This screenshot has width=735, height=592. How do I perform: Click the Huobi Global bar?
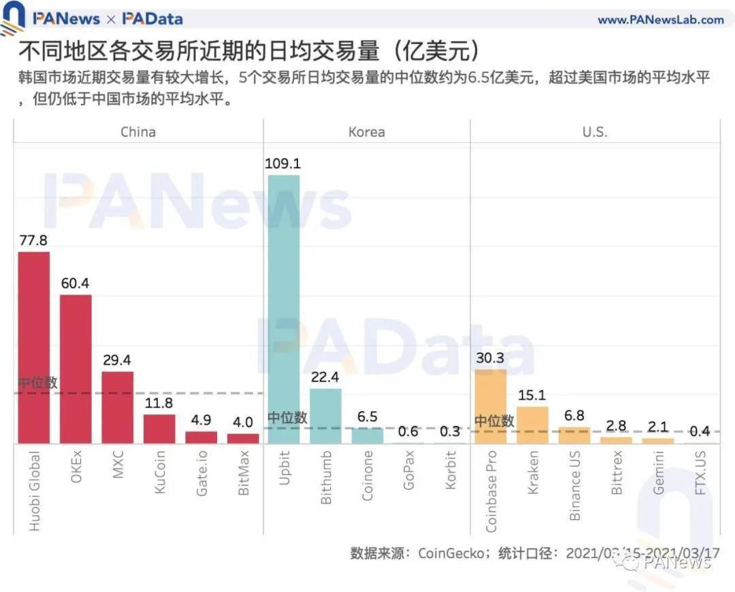tap(33, 348)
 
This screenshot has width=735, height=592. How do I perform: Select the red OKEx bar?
tap(76, 369)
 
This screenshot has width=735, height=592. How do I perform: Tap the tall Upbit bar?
tap(283, 310)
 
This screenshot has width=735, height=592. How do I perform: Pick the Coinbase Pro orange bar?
tap(491, 406)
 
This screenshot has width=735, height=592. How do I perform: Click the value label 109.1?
tap(284, 164)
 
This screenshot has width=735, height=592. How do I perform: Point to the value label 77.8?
tap(33, 241)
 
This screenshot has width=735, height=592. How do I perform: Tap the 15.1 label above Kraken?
tap(532, 396)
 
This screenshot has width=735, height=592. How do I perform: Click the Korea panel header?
tap(366, 132)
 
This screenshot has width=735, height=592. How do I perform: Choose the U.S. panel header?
tap(594, 132)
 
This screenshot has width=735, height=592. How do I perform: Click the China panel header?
tap(137, 132)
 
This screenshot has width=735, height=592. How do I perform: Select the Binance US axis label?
tap(575, 485)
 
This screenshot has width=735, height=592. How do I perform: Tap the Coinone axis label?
tap(367, 476)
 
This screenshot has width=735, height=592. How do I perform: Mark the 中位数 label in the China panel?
tap(37, 382)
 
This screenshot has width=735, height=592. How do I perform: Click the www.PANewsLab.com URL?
tap(660, 20)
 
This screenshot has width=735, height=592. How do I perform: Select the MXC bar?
tap(117, 408)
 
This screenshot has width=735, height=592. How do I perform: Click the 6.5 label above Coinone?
tap(367, 417)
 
